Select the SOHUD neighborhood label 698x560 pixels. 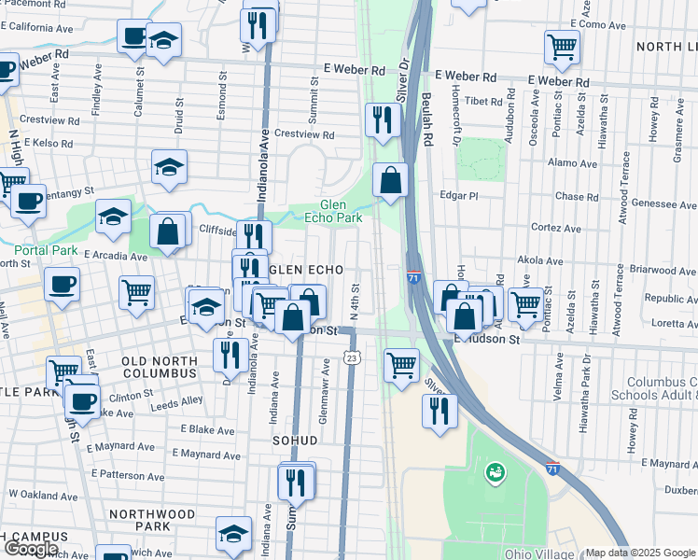[x=296, y=440]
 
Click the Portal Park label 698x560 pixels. [x=46, y=250]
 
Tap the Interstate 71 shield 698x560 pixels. [x=413, y=278]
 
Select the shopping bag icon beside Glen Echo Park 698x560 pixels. [x=391, y=180]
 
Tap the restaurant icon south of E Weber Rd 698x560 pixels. [x=383, y=119]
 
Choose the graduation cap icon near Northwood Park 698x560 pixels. [x=233, y=534]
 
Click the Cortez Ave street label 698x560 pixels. [x=557, y=227]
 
